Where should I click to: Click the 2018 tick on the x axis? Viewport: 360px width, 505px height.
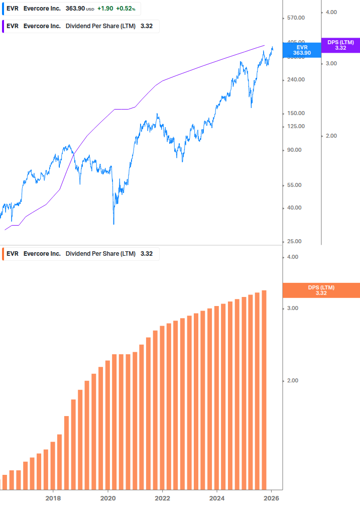click(x=53, y=498)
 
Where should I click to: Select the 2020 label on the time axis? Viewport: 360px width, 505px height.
click(x=108, y=498)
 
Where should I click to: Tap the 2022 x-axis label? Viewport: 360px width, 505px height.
click(x=162, y=498)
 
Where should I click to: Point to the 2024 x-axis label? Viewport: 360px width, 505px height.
click(x=217, y=498)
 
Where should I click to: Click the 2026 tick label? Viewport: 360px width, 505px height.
click(x=271, y=498)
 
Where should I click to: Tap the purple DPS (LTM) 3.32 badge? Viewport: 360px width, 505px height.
click(x=340, y=45)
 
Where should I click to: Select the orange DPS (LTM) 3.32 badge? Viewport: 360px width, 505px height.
click(x=321, y=290)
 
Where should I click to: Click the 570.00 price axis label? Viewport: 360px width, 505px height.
click(x=295, y=18)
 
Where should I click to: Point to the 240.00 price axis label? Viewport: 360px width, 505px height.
click(x=295, y=80)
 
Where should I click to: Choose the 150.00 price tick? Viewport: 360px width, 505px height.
click(x=295, y=114)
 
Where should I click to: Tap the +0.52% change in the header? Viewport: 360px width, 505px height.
click(x=127, y=9)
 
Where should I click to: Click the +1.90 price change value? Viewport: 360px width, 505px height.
click(x=105, y=9)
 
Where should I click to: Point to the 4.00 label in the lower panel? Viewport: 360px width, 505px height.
click(x=292, y=257)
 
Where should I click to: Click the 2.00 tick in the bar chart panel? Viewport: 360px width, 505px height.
click(x=292, y=381)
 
